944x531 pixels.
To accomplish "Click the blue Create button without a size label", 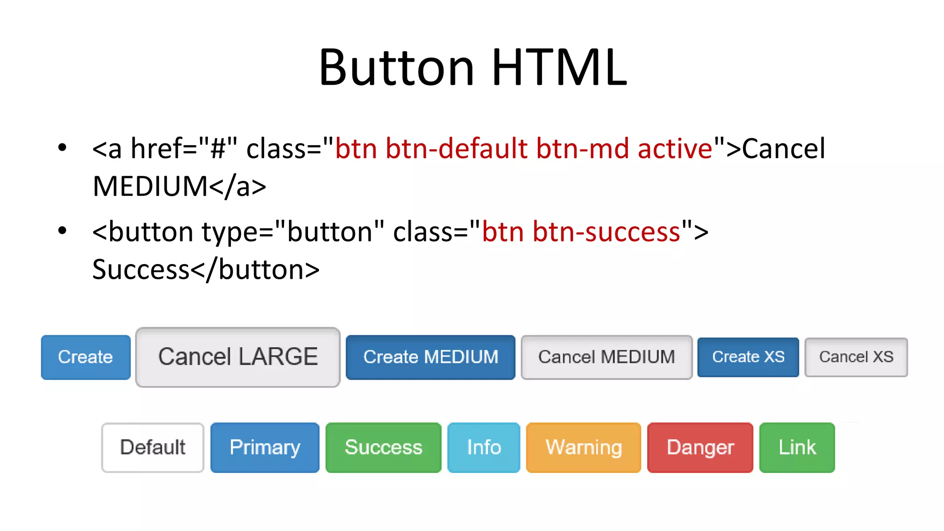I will [86, 357].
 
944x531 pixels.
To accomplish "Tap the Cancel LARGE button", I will [238, 357].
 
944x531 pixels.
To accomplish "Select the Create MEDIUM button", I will [431, 357].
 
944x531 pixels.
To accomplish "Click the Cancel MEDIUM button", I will [607, 357].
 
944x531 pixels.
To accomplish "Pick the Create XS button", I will [748, 357].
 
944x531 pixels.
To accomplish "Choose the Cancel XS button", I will [856, 357].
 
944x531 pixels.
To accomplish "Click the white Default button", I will [153, 448].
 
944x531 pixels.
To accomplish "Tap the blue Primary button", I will [265, 448].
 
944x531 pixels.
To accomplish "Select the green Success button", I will [383, 448].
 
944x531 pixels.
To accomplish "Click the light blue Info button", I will [484, 448].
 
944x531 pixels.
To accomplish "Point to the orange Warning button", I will [584, 448].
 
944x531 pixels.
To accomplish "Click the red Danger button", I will [700, 448].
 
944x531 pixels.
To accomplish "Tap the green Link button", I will [797, 448].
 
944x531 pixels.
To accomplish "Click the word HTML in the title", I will [559, 68].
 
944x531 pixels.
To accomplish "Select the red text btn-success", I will [606, 232].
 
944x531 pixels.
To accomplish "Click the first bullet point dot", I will [62, 148].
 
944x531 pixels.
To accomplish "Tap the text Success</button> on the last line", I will [206, 270].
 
